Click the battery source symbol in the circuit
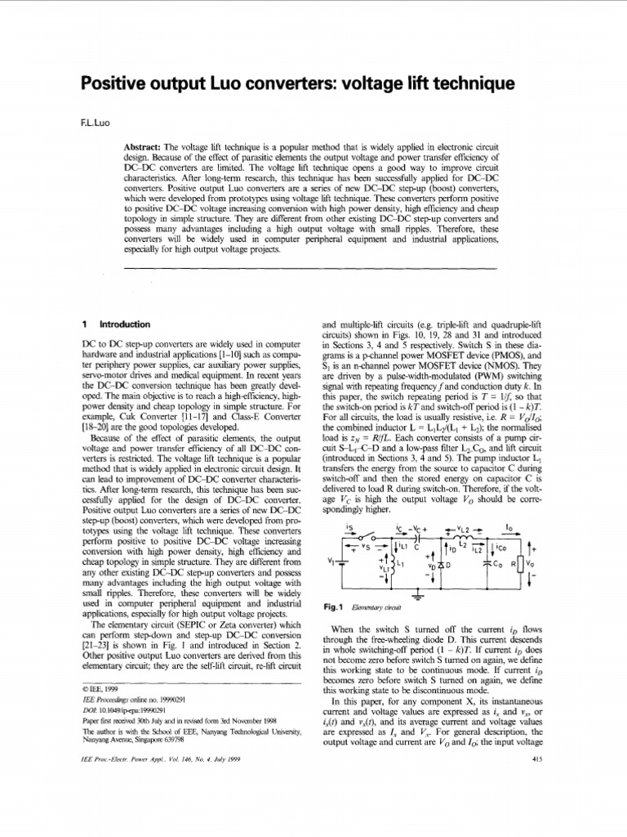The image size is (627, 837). click(x=343, y=563)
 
